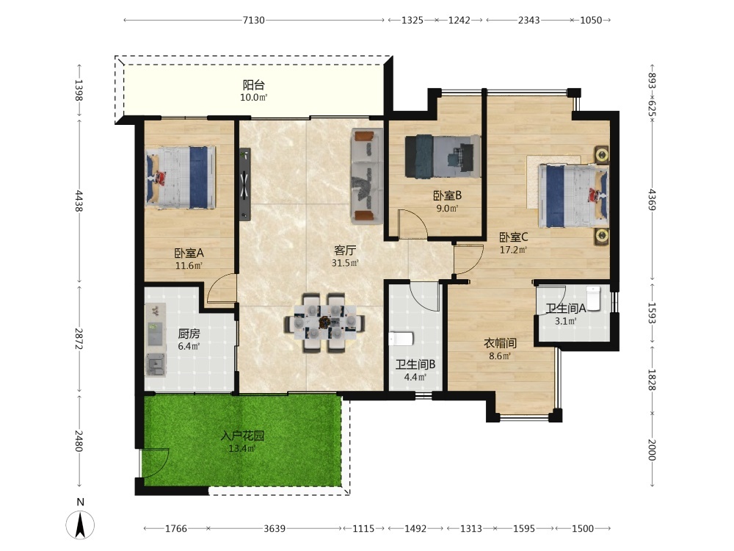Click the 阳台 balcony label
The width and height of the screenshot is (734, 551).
coord(254,84)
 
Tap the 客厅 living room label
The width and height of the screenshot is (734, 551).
coord(345,251)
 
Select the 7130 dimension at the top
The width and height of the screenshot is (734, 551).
coord(253,20)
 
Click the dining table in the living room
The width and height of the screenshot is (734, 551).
coord(324,323)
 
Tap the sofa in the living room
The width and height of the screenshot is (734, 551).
coord(368,176)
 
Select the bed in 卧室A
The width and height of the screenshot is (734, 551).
coord(181,177)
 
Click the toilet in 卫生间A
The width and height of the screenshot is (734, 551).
coord(593,298)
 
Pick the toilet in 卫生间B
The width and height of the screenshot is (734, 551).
coord(401,338)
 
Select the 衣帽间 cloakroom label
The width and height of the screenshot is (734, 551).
coord(500,343)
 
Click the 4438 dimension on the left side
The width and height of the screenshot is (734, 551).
coord(79,201)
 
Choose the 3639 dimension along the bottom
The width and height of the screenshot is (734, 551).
coord(275,528)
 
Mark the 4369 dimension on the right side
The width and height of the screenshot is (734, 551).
coord(652,199)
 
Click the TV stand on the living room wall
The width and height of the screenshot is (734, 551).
coord(245,184)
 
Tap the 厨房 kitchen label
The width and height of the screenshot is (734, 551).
coord(189,334)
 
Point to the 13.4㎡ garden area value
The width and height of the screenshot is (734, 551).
coord(242,448)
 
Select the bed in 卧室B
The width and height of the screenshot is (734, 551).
coord(443,156)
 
